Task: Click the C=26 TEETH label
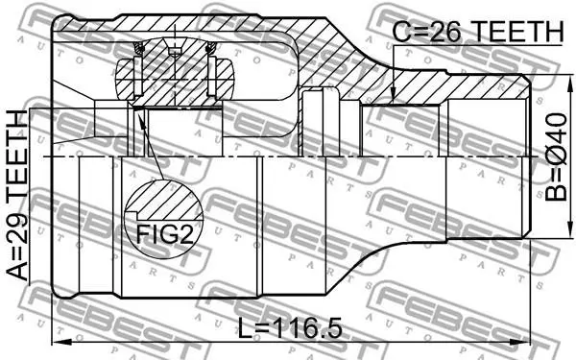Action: click(477, 32)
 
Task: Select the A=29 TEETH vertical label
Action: click(17, 195)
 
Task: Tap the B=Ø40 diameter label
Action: click(556, 157)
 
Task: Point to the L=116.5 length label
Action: click(290, 328)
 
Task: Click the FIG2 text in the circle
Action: click(164, 234)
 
